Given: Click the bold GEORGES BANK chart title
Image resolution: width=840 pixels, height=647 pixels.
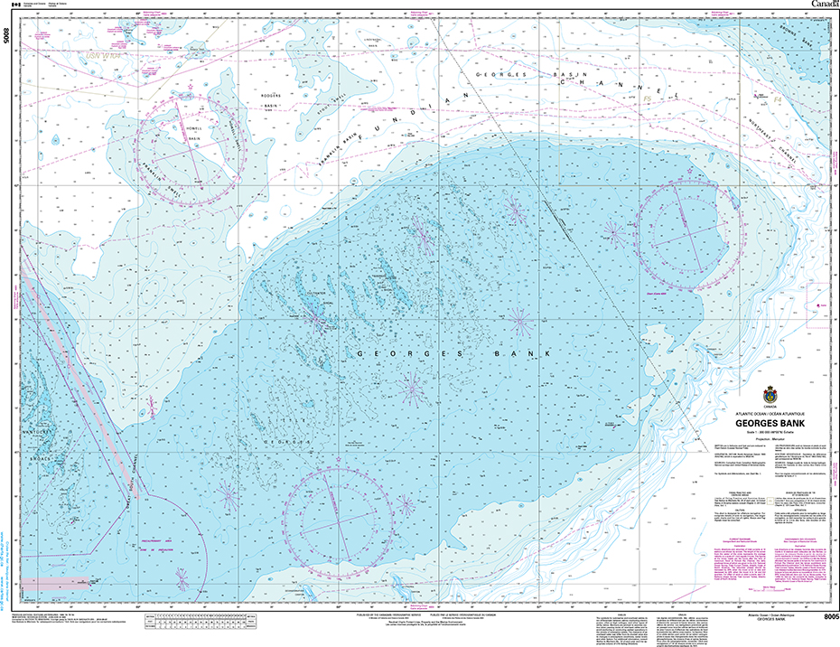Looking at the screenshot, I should tap(770, 421).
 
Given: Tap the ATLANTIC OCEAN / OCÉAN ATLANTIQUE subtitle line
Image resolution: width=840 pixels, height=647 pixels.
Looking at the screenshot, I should tap(770, 413).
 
